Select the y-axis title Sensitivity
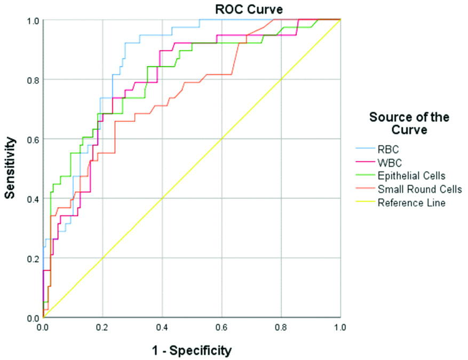coord(10,168)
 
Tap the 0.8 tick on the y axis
coord(32,80)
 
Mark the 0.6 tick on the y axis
coord(32,139)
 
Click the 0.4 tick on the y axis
coord(32,199)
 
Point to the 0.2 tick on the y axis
coord(32,258)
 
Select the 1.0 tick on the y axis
coord(32,20)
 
